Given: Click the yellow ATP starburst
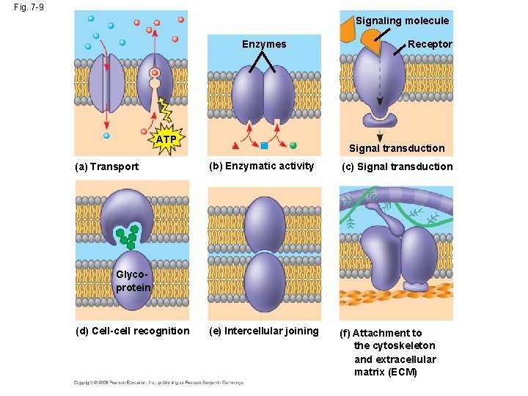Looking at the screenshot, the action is pyautogui.click(x=166, y=139).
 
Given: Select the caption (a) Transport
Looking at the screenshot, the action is pyautogui.click(x=107, y=166).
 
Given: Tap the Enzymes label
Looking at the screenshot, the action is pyautogui.click(x=264, y=45).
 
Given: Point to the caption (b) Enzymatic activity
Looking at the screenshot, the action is pyautogui.click(x=261, y=166).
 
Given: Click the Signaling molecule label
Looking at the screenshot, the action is pyautogui.click(x=402, y=21).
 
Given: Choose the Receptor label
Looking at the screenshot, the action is pyautogui.click(x=430, y=45).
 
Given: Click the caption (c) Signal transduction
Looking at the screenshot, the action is pyautogui.click(x=397, y=166).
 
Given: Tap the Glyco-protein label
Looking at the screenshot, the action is pyautogui.click(x=133, y=281).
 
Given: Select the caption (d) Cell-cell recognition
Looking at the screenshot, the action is pyautogui.click(x=132, y=331).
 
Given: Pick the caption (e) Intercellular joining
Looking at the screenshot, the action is pyautogui.click(x=263, y=331).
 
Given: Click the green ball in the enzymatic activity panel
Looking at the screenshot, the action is pyautogui.click(x=293, y=144).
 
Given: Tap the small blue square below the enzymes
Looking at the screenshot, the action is pyautogui.click(x=264, y=144).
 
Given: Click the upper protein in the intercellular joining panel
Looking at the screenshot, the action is pyautogui.click(x=264, y=223).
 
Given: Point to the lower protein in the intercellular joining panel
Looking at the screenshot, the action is pyautogui.click(x=264, y=282).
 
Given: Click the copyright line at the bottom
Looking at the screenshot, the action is pyautogui.click(x=158, y=382).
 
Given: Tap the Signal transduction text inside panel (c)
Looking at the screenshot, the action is pyautogui.click(x=397, y=148).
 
